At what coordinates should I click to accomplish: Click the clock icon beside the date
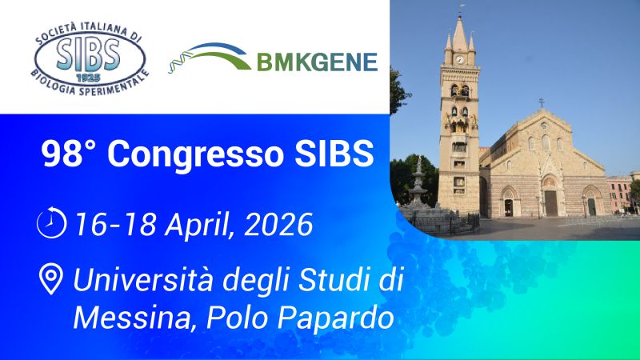pos(51,223)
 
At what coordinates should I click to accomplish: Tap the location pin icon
pos(51,280)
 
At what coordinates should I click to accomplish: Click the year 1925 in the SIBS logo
pos(89,78)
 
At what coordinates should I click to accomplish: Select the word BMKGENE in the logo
pos(317,62)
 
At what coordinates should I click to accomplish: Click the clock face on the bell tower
pos(459,58)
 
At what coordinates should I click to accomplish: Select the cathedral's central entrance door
pos(550,202)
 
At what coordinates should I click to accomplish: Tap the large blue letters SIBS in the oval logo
pos(89,53)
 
